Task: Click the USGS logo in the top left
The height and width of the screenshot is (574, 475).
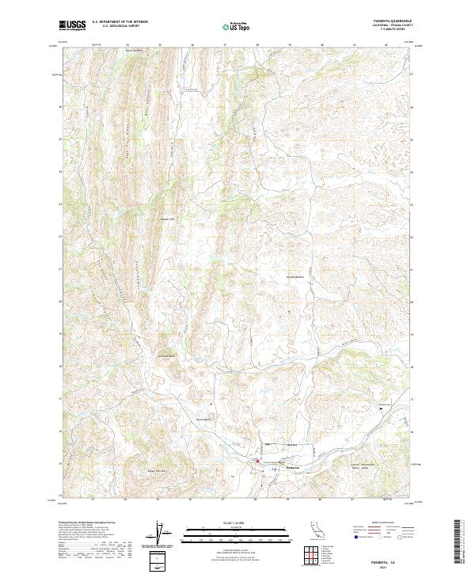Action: coord(73,25)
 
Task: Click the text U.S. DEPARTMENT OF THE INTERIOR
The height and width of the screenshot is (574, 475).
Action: coord(120,23)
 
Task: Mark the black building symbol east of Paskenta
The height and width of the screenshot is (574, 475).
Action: coord(382,407)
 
